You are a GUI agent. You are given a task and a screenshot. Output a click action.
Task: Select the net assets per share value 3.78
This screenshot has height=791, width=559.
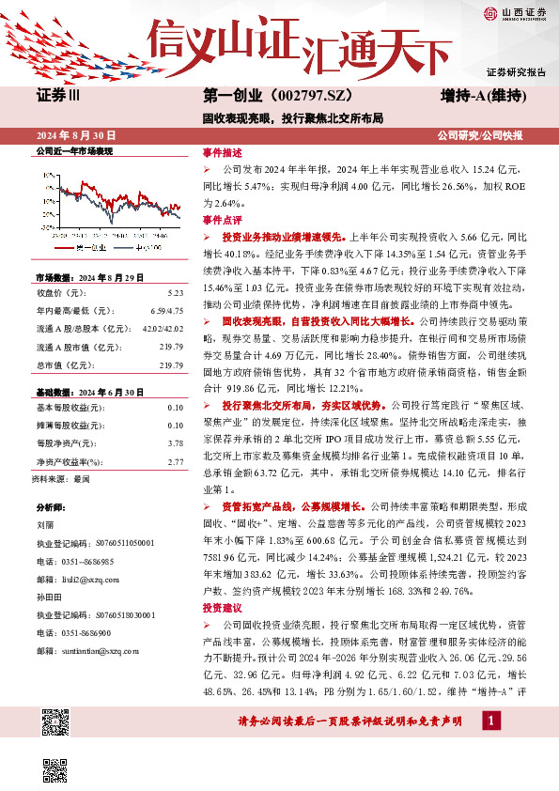click(x=176, y=415)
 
